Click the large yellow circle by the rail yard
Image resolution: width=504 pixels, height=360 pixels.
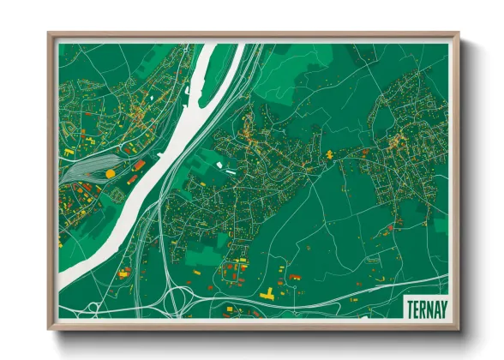(x=110, y=173)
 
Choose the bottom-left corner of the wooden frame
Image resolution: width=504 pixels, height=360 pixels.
(x=50, y=328)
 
